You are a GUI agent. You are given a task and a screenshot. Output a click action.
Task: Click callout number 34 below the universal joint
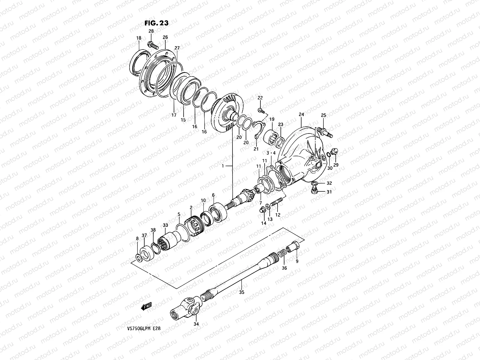pos(196,324)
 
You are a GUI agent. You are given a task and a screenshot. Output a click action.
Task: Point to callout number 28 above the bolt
pos(151,31)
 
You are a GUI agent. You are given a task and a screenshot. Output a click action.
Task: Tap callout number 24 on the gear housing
pos(301,114)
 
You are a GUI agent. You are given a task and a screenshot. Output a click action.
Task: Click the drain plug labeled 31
pos(314,191)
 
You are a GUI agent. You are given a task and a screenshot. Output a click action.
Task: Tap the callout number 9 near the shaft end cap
pos(297,261)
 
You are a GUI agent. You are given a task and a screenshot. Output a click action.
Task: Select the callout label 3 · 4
pos(271,153)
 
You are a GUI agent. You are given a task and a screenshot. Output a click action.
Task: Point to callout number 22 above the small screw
pos(260,98)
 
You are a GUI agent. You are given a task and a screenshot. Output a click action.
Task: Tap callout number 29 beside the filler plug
pos(336,165)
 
